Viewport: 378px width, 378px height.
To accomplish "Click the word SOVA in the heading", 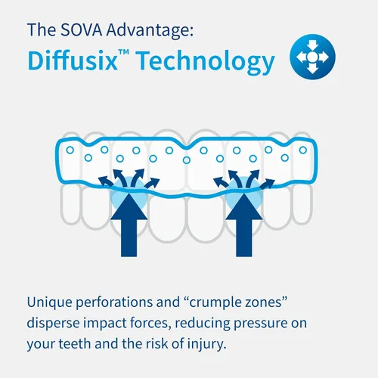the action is coord(81,29).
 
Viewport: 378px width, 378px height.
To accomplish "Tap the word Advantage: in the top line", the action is coord(150,31).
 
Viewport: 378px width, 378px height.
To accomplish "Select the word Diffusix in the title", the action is coord(73,60).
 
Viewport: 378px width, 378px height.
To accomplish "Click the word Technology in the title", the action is coord(206,62).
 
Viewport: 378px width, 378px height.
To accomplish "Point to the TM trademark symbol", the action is coord(124,52).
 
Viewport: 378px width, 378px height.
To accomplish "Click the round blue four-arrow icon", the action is coord(312,57).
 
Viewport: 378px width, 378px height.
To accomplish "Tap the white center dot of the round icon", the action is coord(312,57).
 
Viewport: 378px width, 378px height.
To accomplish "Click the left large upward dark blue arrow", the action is coord(129,225).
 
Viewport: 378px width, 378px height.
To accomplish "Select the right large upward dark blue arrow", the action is coord(244,225).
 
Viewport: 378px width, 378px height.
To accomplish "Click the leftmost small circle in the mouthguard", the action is coord(70,150).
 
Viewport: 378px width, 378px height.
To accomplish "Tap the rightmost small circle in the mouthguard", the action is coord(303,150).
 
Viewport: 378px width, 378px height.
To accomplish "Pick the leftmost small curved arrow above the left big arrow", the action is coord(105,181).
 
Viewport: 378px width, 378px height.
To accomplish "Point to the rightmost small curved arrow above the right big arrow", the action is coord(267,184).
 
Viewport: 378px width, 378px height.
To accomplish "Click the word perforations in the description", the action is coord(114,302).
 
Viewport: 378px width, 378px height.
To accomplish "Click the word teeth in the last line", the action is coord(74,344).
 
